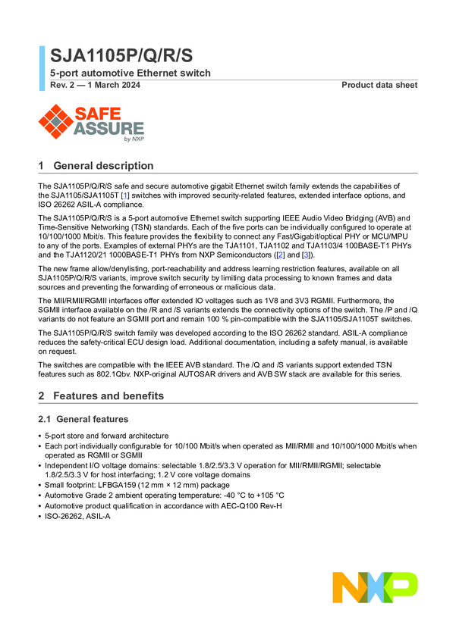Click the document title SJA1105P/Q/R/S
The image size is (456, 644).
click(x=121, y=56)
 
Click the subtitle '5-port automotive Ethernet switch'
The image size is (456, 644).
click(x=131, y=73)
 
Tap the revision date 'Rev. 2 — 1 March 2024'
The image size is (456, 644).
click(x=95, y=85)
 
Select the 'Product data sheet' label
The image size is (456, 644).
click(x=379, y=85)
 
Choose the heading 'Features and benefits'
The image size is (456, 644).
click(x=108, y=396)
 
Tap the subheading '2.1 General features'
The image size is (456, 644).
click(x=84, y=419)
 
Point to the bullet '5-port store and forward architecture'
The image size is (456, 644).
click(x=106, y=436)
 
